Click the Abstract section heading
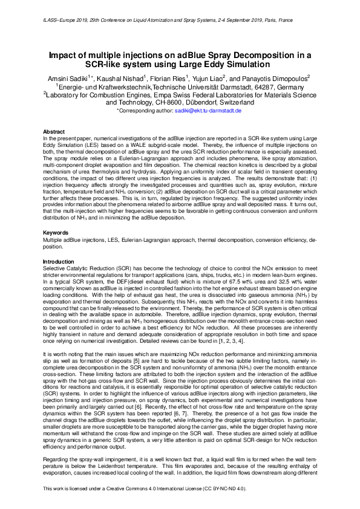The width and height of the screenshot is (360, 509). [x=54, y=131]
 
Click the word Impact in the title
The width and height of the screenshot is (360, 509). [x=67, y=55]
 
